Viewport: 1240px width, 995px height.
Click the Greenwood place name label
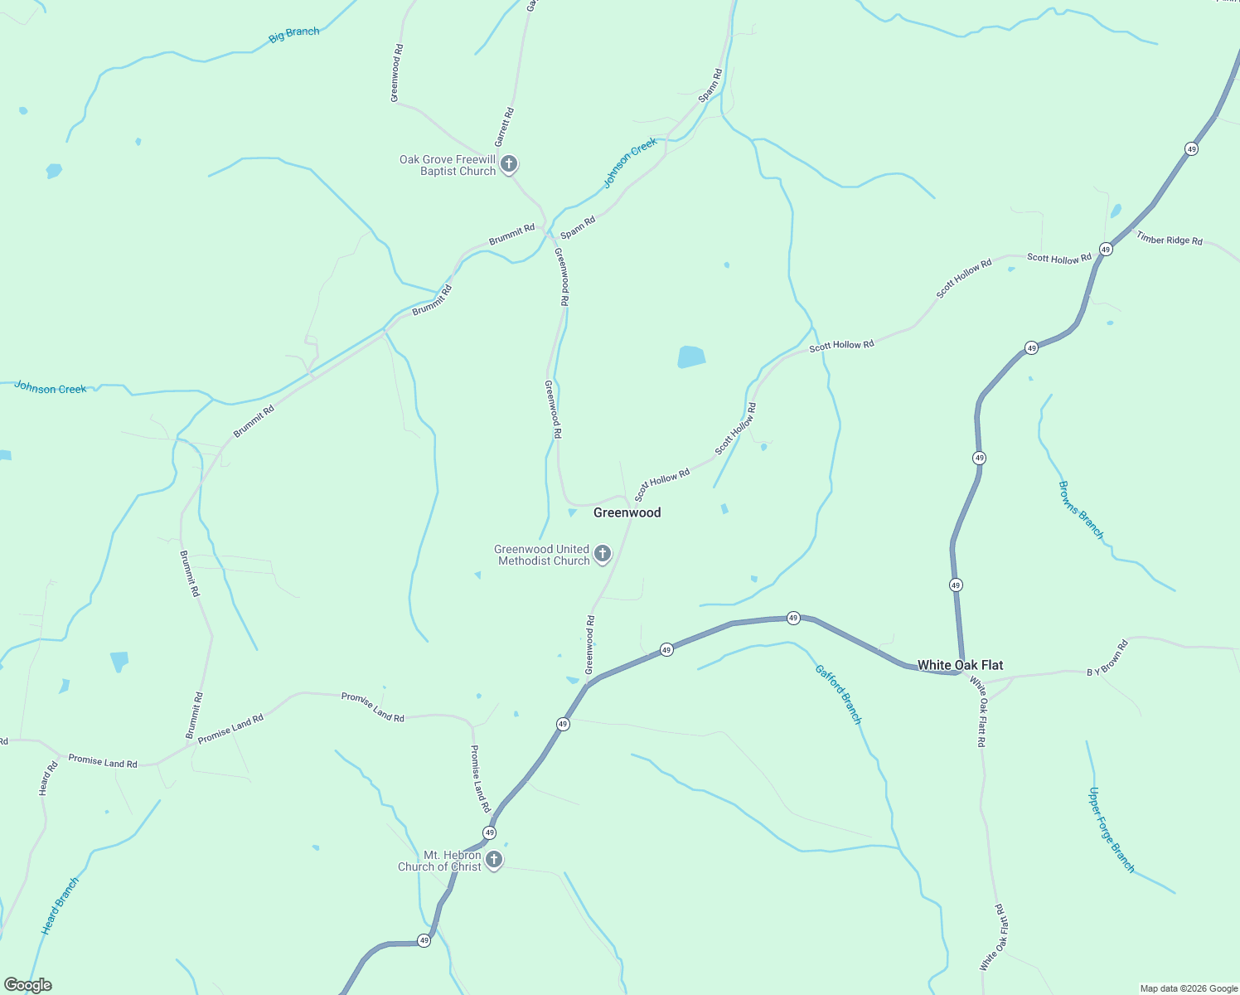pos(627,512)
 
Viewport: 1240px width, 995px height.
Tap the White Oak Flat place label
pos(960,665)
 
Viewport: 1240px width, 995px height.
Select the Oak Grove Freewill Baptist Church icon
pos(509,163)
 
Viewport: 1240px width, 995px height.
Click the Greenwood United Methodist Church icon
pos(603,553)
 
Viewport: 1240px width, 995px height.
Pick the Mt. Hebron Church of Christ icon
pos(494,859)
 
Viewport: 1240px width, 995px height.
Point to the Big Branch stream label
pos(294,35)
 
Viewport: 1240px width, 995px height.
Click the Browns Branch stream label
pos(1081,510)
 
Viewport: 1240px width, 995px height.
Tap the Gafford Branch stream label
pos(839,695)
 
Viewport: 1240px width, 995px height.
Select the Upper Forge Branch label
pos(1111,829)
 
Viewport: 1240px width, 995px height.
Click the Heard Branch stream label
pos(60,906)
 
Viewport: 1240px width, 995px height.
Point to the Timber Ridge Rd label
pos(1169,239)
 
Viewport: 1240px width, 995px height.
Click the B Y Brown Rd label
pos(1107,658)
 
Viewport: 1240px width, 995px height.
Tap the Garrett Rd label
pos(504,127)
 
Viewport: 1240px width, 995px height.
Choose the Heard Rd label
pos(48,779)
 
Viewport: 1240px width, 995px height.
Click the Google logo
pos(28,985)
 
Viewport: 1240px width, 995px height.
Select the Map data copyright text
pos(1189,988)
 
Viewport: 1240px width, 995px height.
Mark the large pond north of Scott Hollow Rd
pos(690,357)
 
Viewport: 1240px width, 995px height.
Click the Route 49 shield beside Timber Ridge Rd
pos(1106,249)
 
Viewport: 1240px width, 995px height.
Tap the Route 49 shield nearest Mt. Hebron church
pos(490,832)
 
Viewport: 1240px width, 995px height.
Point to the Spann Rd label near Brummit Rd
pos(578,227)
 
